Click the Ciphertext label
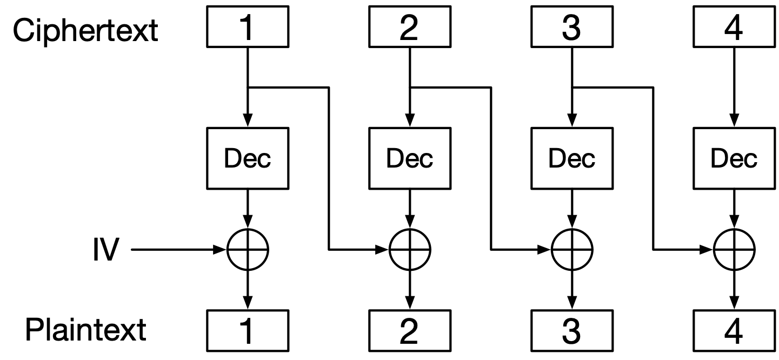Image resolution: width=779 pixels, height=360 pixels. click(x=85, y=30)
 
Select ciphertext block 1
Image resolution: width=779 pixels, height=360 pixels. click(x=247, y=29)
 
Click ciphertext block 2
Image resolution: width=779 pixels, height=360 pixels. click(x=409, y=29)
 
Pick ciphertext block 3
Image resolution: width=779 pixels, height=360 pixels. click(x=571, y=29)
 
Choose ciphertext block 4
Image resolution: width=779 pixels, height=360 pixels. click(x=734, y=29)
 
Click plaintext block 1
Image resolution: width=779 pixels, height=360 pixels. click(x=247, y=331)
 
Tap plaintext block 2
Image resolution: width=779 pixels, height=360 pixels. click(x=409, y=331)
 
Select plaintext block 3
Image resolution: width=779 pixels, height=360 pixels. click(x=571, y=331)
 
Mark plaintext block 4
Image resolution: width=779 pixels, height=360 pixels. click(x=734, y=331)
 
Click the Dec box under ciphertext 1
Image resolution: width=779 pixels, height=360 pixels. click(x=247, y=158)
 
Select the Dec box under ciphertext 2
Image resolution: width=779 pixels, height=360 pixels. click(x=409, y=158)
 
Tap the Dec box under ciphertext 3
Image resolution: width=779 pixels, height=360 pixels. click(x=571, y=158)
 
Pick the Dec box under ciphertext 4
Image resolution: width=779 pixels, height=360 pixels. click(x=734, y=158)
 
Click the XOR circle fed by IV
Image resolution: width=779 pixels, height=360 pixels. click(x=248, y=250)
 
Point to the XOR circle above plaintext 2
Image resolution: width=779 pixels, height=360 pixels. click(x=410, y=250)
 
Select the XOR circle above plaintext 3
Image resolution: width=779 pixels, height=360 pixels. click(x=572, y=250)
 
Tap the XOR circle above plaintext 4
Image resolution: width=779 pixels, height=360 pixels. click(x=734, y=250)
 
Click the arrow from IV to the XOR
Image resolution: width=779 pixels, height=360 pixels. click(x=178, y=250)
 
